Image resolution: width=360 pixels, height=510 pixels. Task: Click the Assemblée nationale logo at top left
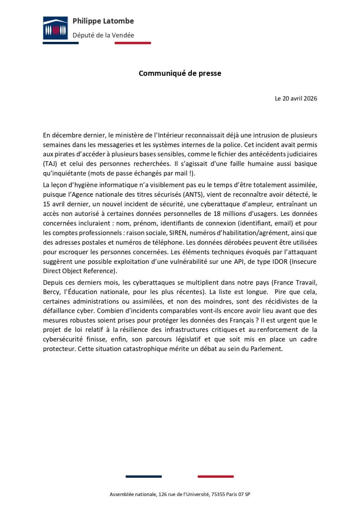click(x=55, y=28)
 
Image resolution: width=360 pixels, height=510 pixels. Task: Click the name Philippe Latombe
click(x=103, y=21)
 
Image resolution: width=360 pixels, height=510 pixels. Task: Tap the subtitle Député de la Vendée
click(x=103, y=35)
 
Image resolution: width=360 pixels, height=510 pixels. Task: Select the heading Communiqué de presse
click(x=180, y=73)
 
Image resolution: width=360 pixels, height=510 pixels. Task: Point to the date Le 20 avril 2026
click(x=296, y=98)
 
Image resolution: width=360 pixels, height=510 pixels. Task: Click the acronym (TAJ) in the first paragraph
click(x=50, y=164)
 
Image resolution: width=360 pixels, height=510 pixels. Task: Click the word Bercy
click(x=51, y=291)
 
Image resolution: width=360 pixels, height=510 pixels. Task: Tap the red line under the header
click(x=133, y=43)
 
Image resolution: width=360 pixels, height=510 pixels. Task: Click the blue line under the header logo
click(x=61, y=43)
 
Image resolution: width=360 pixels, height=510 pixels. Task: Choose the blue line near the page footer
click(x=143, y=477)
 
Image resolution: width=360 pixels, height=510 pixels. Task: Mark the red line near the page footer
click(x=215, y=477)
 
